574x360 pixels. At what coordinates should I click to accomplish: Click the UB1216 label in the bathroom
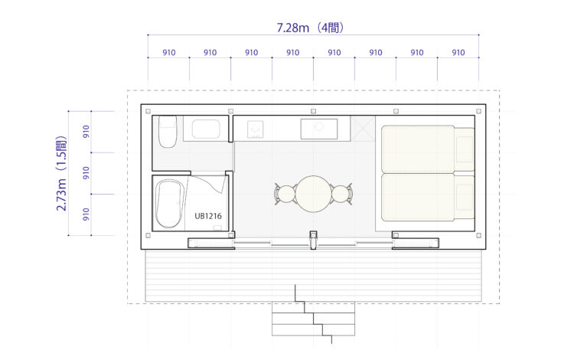(208, 216)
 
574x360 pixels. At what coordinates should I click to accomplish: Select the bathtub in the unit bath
(170, 204)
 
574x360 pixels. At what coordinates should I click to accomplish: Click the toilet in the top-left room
(168, 132)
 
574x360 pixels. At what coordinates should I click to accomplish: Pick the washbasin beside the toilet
(206, 129)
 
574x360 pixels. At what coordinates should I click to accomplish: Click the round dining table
(313, 194)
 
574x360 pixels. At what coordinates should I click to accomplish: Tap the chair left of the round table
(285, 194)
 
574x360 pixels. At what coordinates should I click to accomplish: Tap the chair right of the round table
(341, 194)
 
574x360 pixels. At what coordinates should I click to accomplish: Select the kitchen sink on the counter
(319, 129)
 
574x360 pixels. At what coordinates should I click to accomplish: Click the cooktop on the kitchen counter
(255, 129)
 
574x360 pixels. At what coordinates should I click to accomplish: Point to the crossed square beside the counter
(363, 129)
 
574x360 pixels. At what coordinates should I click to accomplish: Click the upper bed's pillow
(465, 149)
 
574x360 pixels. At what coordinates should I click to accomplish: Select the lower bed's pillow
(465, 198)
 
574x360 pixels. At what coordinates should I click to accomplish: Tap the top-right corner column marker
(479, 111)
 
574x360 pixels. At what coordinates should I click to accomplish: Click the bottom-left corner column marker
(148, 235)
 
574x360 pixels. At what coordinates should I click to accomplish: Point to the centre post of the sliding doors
(313, 240)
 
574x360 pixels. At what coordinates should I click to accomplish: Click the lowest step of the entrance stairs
(313, 329)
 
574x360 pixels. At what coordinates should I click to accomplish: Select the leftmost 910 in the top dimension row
(169, 52)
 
